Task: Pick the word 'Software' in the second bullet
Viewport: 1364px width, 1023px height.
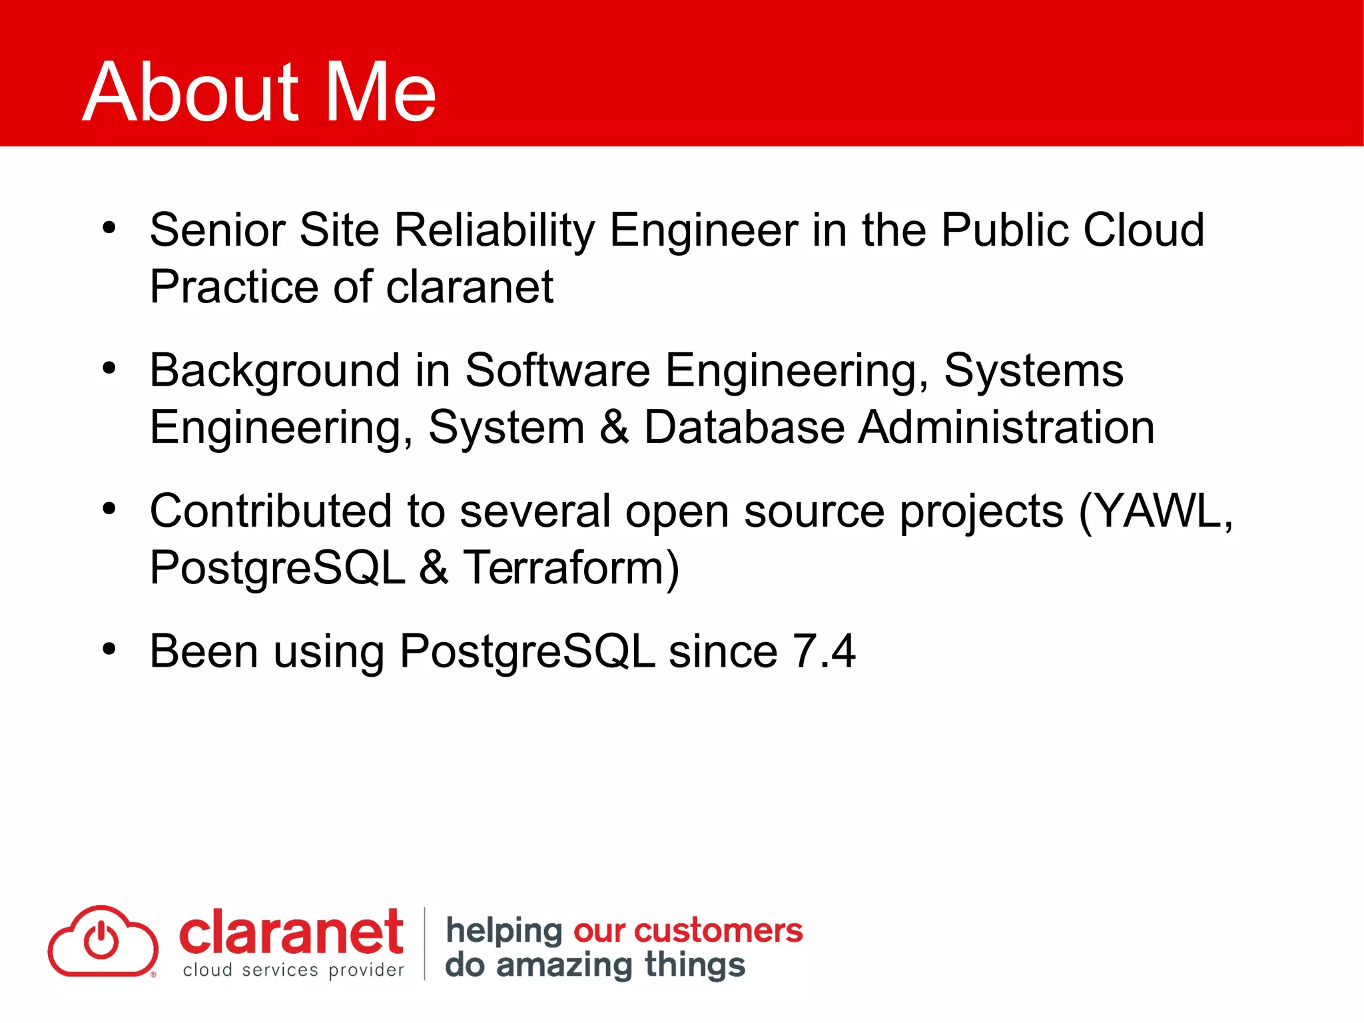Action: click(557, 371)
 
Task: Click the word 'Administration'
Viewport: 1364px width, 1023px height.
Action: click(1006, 428)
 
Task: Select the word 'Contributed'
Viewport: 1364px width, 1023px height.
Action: click(270, 511)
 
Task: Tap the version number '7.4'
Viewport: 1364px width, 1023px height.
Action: click(824, 651)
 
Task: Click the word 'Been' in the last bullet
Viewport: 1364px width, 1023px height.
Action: click(204, 651)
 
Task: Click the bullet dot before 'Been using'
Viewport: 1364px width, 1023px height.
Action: click(109, 649)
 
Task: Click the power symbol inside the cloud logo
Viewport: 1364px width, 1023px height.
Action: click(101, 940)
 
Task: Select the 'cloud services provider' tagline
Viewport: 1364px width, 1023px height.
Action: click(293, 970)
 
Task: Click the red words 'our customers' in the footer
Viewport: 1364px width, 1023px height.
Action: click(687, 930)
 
